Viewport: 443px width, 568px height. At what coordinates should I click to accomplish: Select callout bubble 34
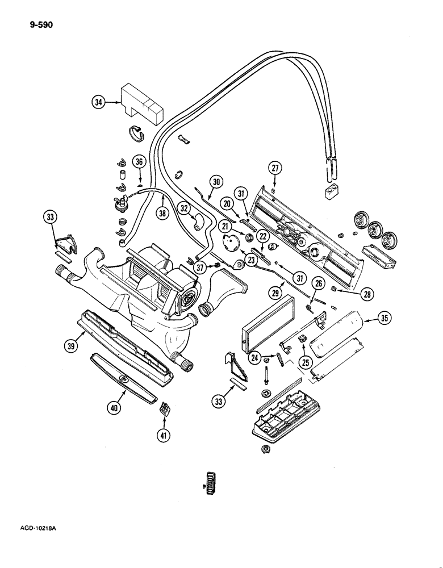coord(99,102)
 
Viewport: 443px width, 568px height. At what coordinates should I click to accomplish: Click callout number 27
coord(275,168)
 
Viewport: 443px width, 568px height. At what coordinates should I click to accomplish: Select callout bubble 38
coord(163,215)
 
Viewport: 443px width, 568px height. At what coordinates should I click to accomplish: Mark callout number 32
coord(183,208)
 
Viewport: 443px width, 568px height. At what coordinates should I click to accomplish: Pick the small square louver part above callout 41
coord(164,408)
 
